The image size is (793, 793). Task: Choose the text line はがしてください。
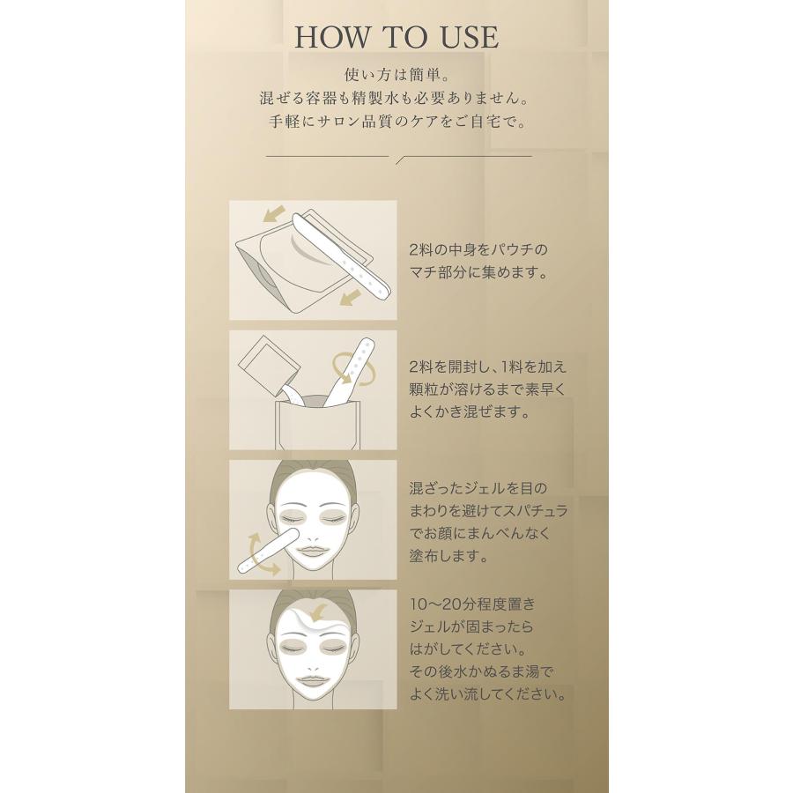464,649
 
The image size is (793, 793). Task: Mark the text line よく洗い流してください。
487,694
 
